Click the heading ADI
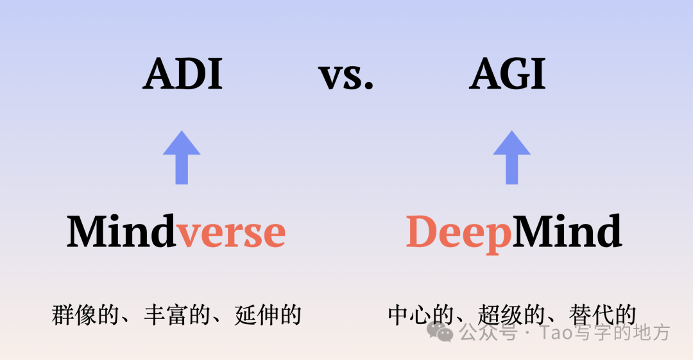tap(182, 74)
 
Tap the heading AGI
tap(507, 74)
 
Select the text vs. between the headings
tap(346, 77)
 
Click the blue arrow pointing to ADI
tap(182, 157)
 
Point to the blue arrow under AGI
tap(512, 157)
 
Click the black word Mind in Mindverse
tap(121, 231)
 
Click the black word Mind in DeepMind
tap(567, 231)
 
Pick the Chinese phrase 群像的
tap(85, 315)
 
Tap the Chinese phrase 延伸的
tap(268, 315)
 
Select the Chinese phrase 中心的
tap(421, 315)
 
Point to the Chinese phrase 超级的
tap(512, 315)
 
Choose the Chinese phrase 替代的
tap(603, 315)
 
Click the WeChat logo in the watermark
tap(440, 332)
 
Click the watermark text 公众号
tap(488, 332)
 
